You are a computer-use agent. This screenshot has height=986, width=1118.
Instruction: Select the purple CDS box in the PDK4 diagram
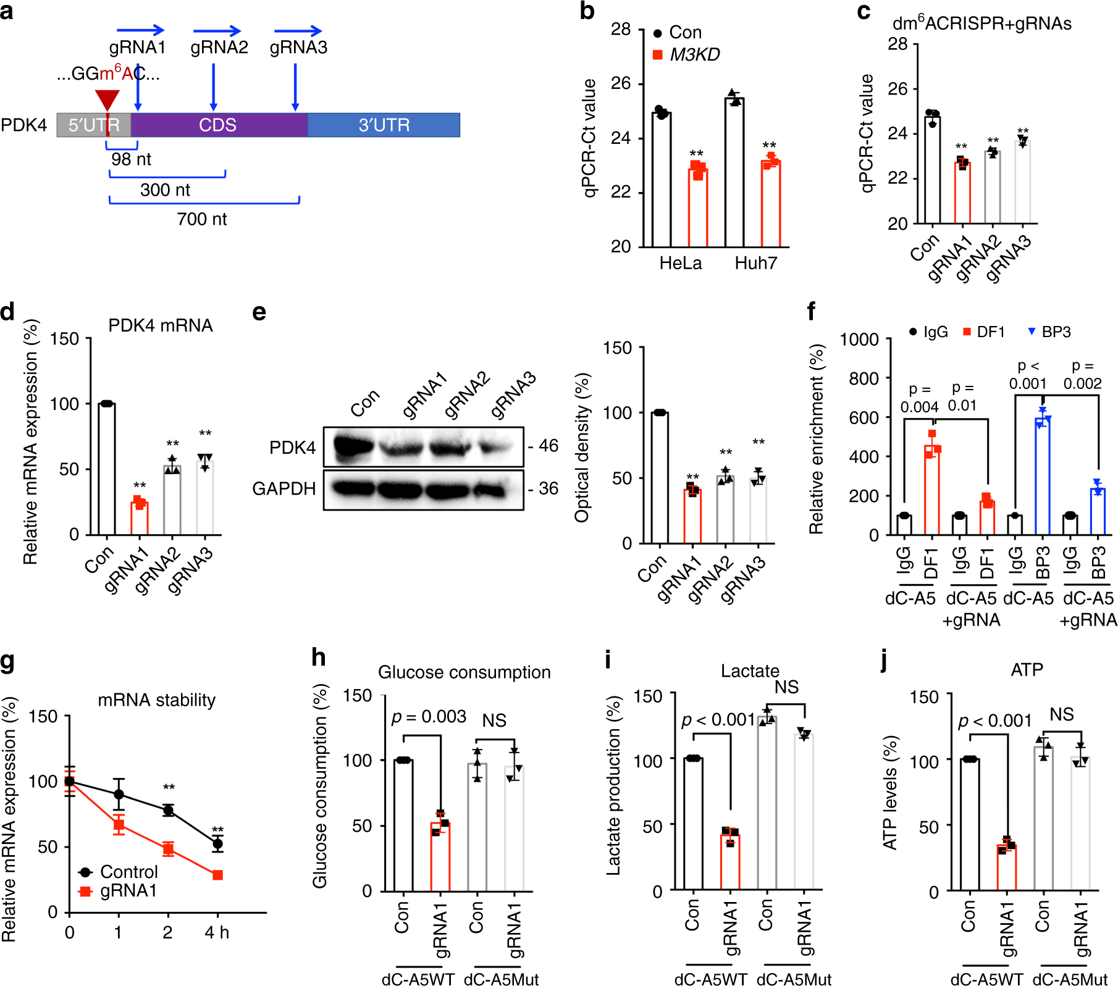pos(219,125)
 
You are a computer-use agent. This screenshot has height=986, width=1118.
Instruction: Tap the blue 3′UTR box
pos(384,125)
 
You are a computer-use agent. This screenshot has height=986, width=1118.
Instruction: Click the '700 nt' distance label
pos(201,219)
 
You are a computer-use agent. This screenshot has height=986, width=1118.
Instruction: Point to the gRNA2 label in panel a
pos(219,48)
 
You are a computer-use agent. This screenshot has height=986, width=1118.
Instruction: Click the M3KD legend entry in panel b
pos(694,54)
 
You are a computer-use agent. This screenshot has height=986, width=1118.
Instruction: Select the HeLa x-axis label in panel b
pos(680,264)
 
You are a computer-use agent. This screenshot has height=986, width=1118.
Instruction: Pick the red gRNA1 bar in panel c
pos(962,193)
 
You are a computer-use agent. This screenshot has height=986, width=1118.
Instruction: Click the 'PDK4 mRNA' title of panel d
pos(160,325)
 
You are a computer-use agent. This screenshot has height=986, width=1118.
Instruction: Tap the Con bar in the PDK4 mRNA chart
pos(107,469)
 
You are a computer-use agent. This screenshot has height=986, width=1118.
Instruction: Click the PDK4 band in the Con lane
pos(353,446)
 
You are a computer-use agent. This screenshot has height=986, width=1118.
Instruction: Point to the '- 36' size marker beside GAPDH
pos(544,488)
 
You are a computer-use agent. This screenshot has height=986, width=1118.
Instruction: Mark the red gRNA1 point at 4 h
pos(217,875)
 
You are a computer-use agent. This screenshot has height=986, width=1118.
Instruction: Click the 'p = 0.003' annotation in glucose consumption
pos(429,717)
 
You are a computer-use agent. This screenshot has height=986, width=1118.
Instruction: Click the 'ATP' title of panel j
pos(1027,670)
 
